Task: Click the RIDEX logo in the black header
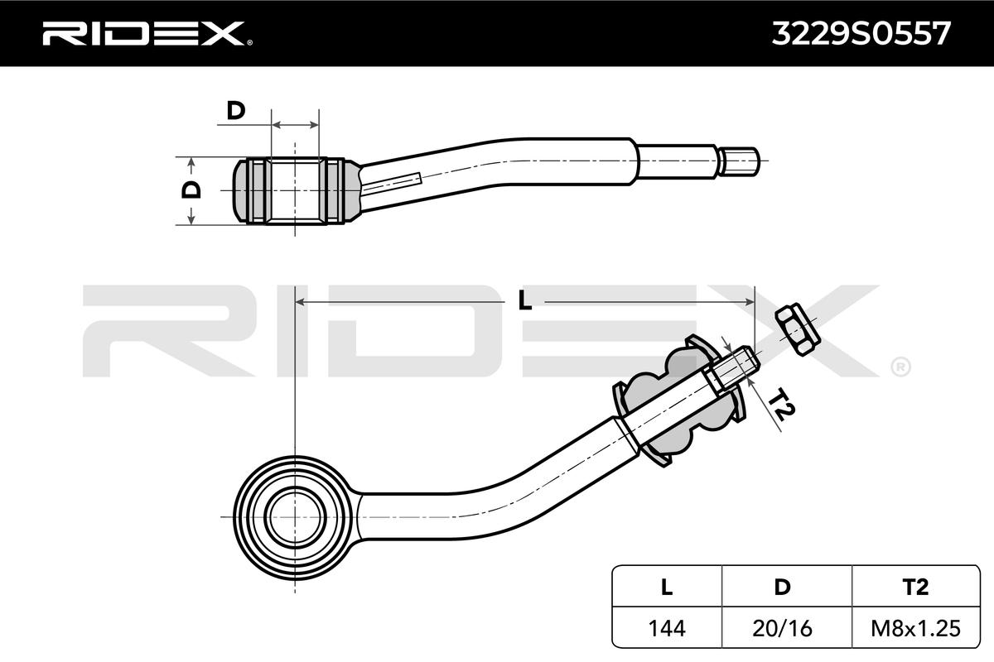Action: [142, 33]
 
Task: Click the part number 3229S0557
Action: [861, 33]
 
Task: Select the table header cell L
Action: [667, 588]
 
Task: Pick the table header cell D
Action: [780, 588]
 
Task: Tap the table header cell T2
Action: [914, 588]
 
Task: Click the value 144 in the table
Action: [667, 628]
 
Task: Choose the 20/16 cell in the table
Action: [780, 628]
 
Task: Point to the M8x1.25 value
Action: [914, 628]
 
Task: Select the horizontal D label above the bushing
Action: [237, 110]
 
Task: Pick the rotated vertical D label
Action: [191, 189]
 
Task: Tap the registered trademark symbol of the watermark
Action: [900, 365]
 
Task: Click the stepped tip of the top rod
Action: [740, 160]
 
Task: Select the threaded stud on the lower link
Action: [729, 371]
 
